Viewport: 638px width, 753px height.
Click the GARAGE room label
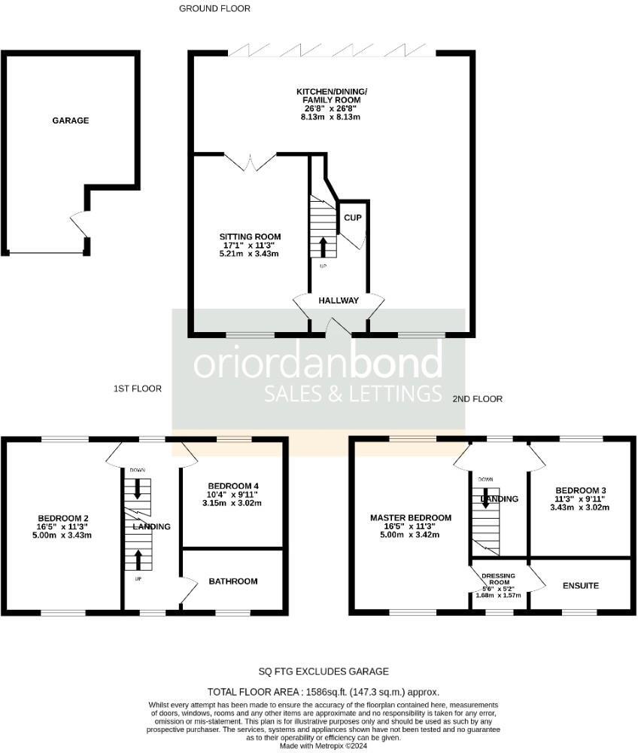[x=70, y=120]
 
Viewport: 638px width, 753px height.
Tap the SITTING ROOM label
[x=251, y=237]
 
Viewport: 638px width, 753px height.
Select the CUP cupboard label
[x=353, y=218]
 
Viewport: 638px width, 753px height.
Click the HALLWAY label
[x=339, y=300]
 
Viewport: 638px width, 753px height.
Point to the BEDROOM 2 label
[x=64, y=518]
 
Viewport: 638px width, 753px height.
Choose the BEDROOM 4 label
[x=233, y=484]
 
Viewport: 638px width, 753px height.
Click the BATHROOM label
[x=233, y=581]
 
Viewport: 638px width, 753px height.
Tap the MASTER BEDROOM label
[x=411, y=518]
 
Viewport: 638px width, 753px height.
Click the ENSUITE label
[x=580, y=585]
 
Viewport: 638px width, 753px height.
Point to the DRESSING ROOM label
[x=500, y=578]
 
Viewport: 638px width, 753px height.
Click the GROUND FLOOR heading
[x=214, y=9]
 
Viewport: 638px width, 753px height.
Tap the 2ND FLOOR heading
[x=477, y=399]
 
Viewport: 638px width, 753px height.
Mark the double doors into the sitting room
[x=251, y=161]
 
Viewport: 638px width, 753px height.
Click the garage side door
[x=80, y=224]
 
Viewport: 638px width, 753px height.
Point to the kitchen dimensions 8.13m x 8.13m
[x=331, y=117]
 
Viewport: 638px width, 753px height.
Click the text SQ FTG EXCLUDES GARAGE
[x=324, y=672]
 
